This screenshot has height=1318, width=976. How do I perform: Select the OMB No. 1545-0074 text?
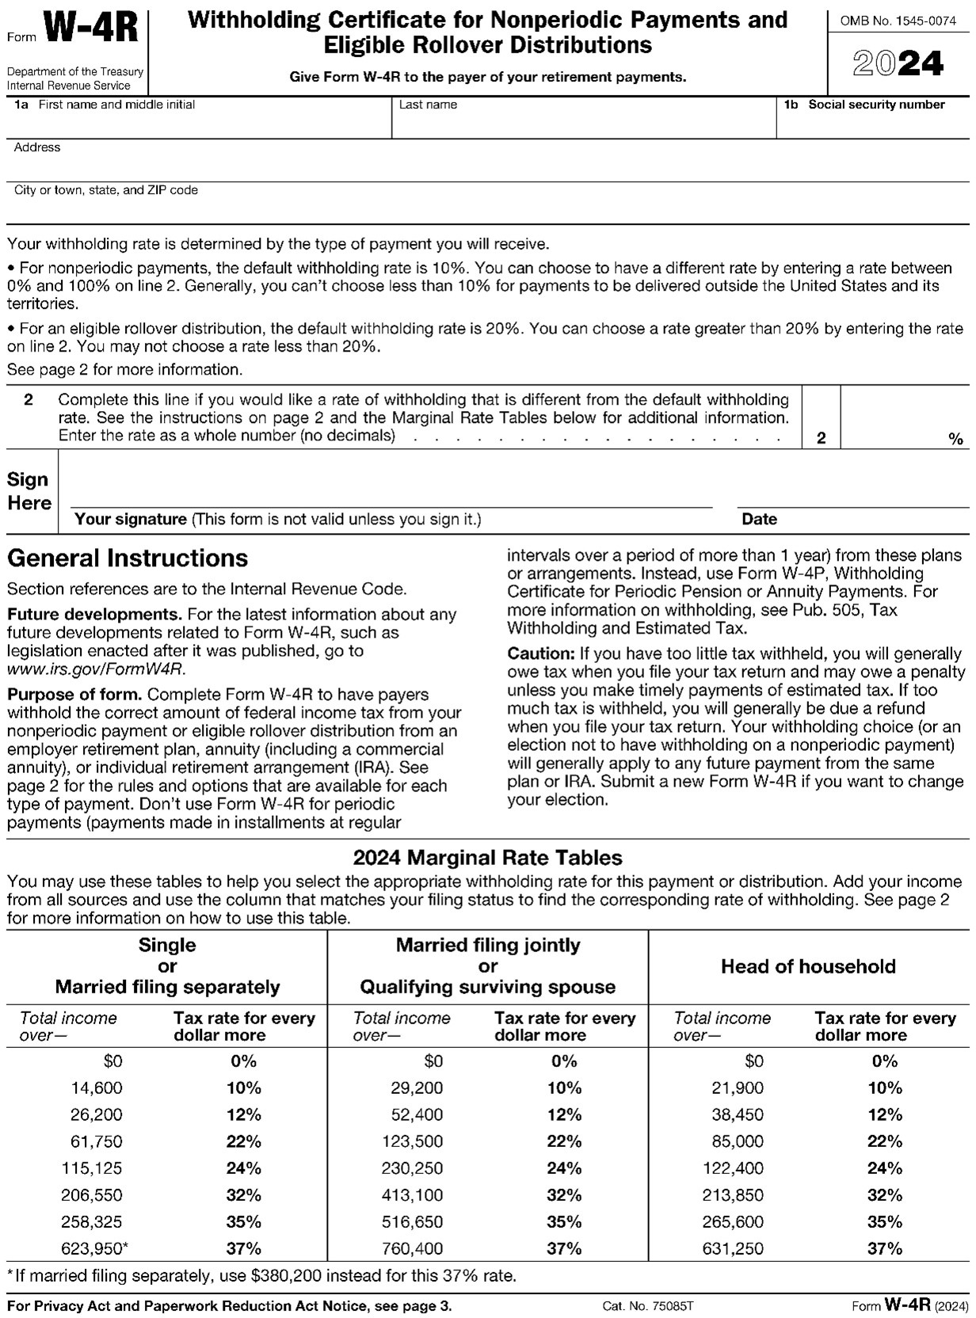pos(898,21)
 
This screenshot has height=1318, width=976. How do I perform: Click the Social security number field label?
pos(875,105)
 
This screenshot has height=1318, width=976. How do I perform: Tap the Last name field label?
pos(428,105)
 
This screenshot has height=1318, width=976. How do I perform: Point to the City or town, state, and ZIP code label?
pos(105,190)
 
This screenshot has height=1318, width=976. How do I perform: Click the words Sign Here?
pos(29,491)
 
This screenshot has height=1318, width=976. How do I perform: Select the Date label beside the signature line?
pos(759,520)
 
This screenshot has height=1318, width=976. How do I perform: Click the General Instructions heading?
pos(128,558)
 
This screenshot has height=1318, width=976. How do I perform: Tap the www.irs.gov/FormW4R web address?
pos(95,669)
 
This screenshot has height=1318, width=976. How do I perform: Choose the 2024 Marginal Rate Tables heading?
pos(487,857)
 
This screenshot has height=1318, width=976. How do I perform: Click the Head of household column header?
pos(808,966)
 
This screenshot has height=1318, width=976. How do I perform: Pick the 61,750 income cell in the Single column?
pos(97,1141)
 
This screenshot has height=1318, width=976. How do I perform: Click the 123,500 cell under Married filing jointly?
pos(417,1141)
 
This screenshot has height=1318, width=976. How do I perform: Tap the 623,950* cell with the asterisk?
pos(95,1249)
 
